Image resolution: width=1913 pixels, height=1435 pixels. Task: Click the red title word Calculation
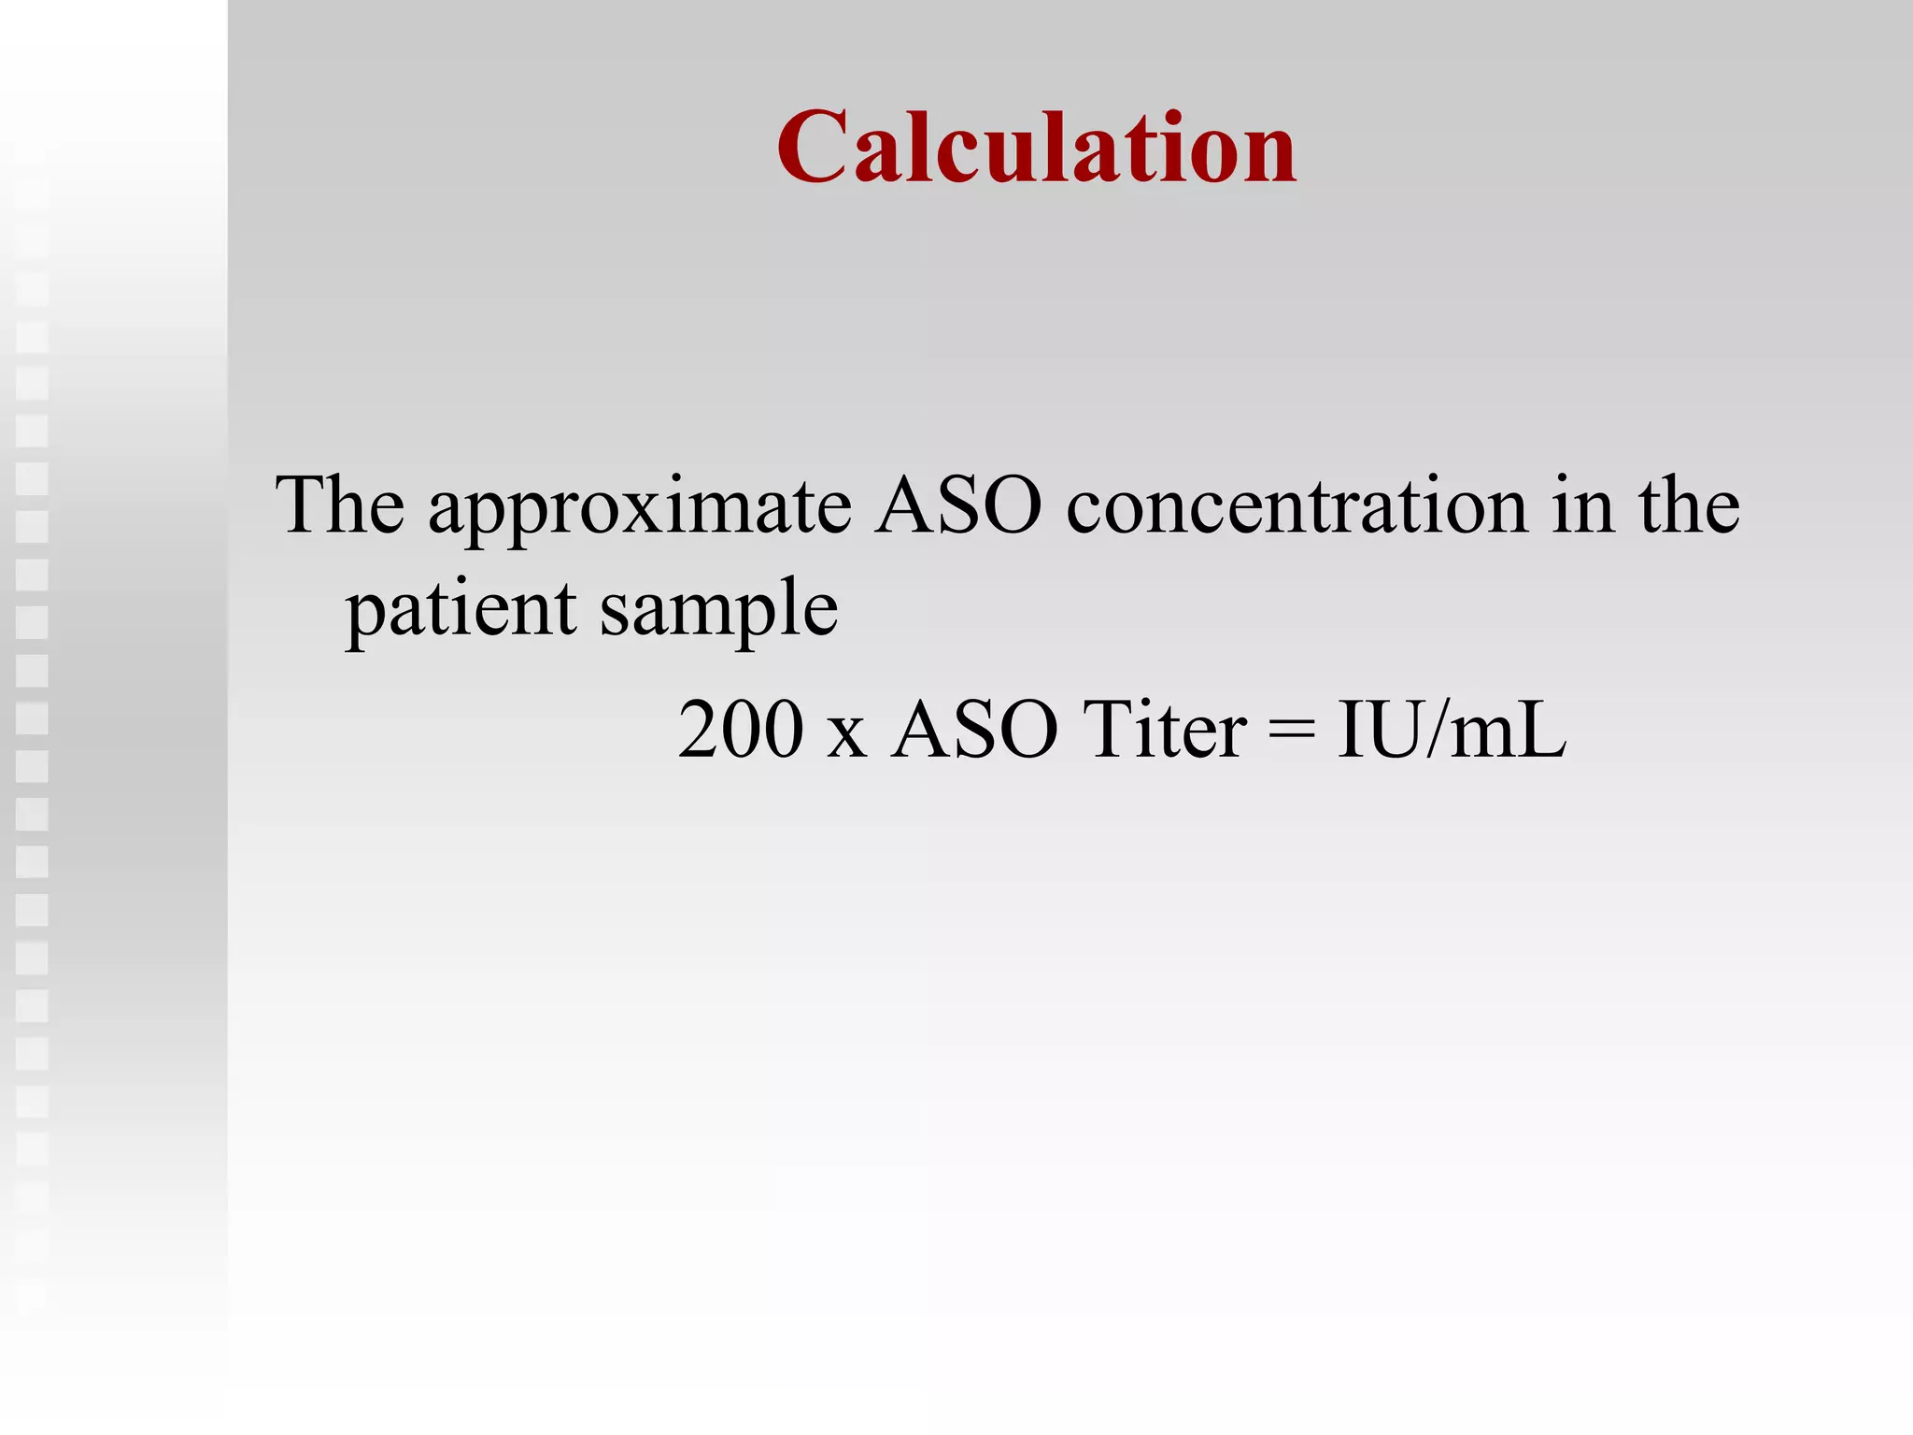coord(1036,148)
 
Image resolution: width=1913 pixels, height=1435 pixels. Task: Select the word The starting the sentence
coord(340,505)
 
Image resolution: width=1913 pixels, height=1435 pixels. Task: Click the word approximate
coord(640,509)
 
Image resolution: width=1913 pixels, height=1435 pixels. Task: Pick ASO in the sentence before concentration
coord(958,505)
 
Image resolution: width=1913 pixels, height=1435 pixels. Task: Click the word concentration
coord(1297,505)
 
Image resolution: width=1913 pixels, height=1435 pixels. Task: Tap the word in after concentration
coord(1584,505)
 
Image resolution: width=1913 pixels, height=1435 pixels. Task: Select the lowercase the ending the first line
coord(1689,505)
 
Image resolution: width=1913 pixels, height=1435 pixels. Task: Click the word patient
coord(461,609)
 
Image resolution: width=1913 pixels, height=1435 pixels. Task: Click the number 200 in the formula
coord(741,730)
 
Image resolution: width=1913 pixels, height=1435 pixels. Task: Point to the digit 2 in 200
coord(699,730)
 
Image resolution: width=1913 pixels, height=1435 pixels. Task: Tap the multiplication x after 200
coord(846,735)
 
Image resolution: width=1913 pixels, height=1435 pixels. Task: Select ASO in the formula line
coord(974,730)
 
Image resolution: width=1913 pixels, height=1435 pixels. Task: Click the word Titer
coord(1165,730)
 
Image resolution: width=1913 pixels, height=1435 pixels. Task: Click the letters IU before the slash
coord(1382,730)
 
